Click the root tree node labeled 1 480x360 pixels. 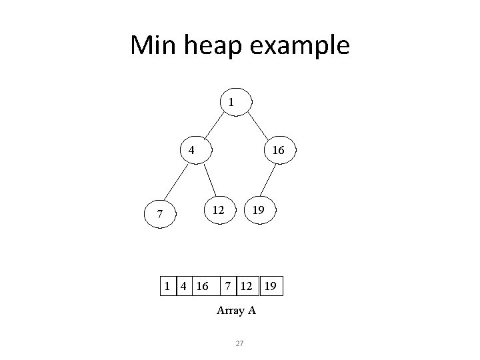tap(231, 103)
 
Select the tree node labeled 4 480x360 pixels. tap(191, 151)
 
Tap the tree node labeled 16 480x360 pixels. tap(278, 151)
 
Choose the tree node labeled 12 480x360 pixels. tap(218, 209)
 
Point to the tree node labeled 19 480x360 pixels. tap(258, 209)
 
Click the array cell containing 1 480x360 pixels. tap(167, 287)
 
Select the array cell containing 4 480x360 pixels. tap(181, 287)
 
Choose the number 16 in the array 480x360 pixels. tap(200, 287)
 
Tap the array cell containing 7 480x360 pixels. tap(229, 287)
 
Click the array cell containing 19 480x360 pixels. tap(271, 287)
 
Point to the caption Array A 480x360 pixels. tap(237, 311)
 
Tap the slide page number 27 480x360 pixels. tap(241, 343)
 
